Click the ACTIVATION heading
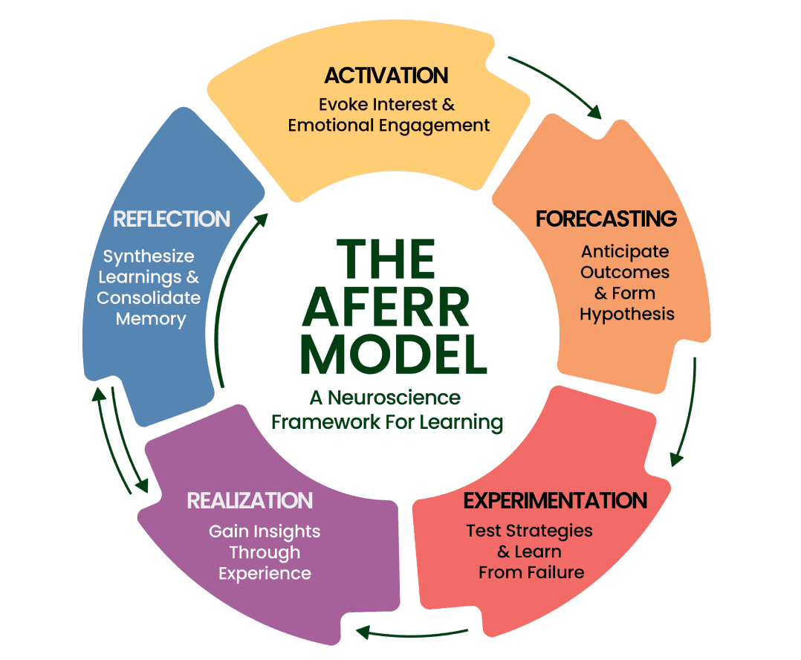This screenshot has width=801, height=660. click(x=386, y=76)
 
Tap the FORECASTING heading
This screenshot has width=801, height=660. click(x=606, y=219)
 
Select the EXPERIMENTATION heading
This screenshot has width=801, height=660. click(x=555, y=500)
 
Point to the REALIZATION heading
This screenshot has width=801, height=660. click(x=250, y=500)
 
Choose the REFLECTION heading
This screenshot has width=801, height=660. click(x=172, y=219)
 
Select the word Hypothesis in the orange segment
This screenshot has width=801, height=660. click(x=627, y=314)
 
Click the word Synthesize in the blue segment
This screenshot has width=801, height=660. click(x=149, y=256)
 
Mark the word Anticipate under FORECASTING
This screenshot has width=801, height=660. click(x=625, y=251)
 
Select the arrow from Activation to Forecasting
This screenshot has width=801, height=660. click(x=557, y=83)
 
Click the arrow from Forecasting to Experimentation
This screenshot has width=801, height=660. click(x=687, y=412)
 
